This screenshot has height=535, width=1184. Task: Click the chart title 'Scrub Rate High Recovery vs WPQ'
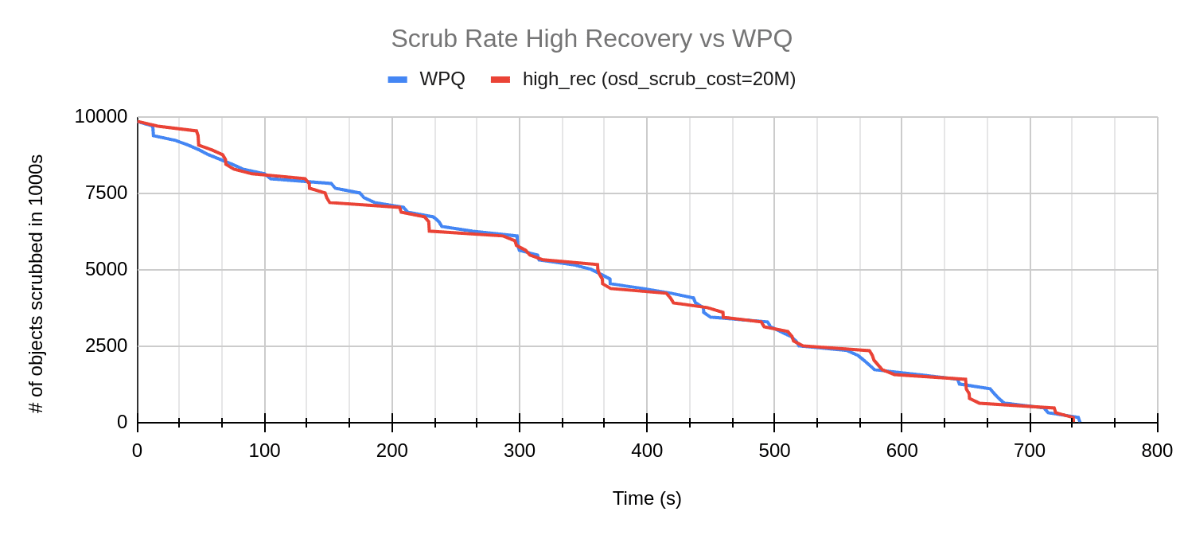pos(591,38)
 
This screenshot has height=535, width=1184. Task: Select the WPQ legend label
pos(442,79)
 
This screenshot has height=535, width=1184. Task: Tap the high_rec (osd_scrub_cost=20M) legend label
pos(659,79)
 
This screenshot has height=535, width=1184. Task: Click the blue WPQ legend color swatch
pos(398,79)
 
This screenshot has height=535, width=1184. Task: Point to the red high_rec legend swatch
pos(500,79)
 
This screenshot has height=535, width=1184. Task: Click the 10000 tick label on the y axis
pos(100,117)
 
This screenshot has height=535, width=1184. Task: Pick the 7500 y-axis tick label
pos(106,193)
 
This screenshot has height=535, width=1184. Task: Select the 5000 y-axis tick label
pos(106,270)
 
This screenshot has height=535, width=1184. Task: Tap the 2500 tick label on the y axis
pos(106,346)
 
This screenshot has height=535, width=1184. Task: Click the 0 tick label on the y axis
pos(122,423)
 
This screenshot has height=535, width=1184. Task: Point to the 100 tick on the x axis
pos(264,451)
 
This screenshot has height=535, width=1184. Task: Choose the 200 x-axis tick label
pos(391,451)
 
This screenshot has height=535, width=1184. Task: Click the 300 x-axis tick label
pos(519,451)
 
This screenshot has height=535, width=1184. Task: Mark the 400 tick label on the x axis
pos(647,451)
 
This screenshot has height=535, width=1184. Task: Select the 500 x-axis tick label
pos(774,451)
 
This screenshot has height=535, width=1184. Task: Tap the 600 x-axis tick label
pos(902,451)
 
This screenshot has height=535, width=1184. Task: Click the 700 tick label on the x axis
pos(1030,451)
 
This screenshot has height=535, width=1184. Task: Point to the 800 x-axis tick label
pos(1157,451)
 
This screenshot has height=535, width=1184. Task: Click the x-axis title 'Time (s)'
pos(647,498)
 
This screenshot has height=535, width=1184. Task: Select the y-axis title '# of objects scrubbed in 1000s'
pos(36,284)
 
